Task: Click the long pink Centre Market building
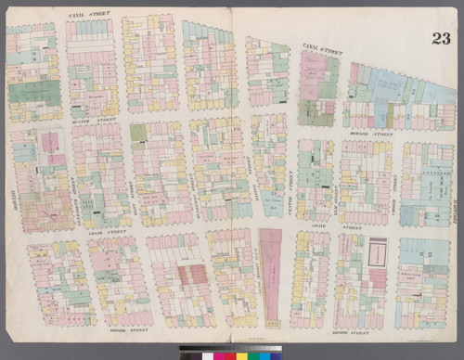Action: point(272,269)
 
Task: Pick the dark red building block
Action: point(192,275)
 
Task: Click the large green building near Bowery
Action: point(33,93)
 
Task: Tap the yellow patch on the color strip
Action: point(240,355)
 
